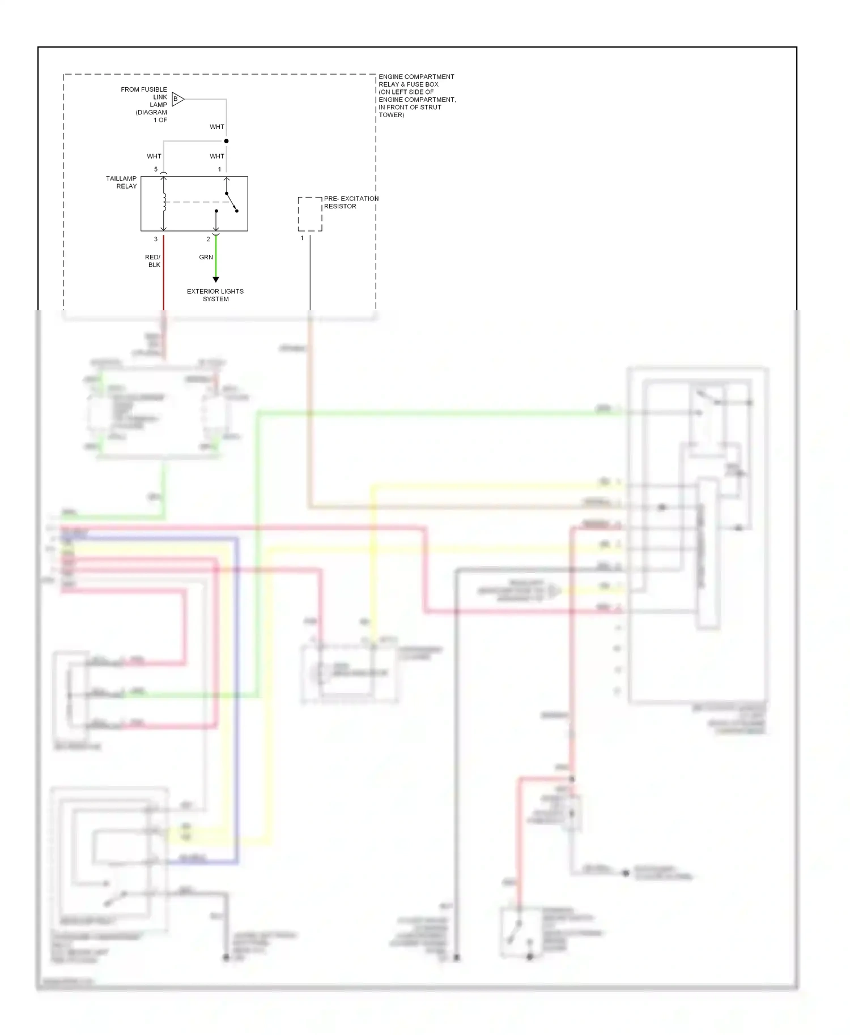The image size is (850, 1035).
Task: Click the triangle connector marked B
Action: pyautogui.click(x=177, y=99)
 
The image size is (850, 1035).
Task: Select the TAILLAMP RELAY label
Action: pyautogui.click(x=121, y=182)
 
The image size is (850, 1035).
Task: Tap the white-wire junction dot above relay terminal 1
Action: pyautogui.click(x=226, y=141)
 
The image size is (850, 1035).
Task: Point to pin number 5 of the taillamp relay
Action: pyautogui.click(x=156, y=169)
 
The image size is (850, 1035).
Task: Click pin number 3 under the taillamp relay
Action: pyautogui.click(x=156, y=239)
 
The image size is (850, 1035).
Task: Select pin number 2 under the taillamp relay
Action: pyautogui.click(x=208, y=239)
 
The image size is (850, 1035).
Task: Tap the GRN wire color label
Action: pyautogui.click(x=206, y=257)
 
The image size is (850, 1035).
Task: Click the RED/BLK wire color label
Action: pyautogui.click(x=153, y=261)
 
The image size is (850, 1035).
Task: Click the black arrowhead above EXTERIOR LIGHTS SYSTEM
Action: pyautogui.click(x=215, y=279)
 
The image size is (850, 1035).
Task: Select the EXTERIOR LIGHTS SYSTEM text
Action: pyautogui.click(x=215, y=295)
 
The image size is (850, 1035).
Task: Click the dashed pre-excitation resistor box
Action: pyautogui.click(x=310, y=214)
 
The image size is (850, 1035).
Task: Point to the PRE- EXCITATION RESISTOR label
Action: pyautogui.click(x=350, y=202)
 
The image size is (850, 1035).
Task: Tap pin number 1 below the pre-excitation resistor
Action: pyautogui.click(x=302, y=238)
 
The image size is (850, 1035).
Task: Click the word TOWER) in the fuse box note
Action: pyautogui.click(x=391, y=115)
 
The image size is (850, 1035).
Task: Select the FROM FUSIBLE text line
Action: pyautogui.click(x=144, y=89)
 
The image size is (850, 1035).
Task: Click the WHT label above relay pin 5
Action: pyautogui.click(x=154, y=156)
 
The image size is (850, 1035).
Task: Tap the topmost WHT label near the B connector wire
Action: pyautogui.click(x=217, y=127)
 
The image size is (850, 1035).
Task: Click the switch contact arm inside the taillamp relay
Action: pyautogui.click(x=231, y=202)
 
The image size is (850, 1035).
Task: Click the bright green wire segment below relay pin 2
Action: pyautogui.click(x=216, y=258)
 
